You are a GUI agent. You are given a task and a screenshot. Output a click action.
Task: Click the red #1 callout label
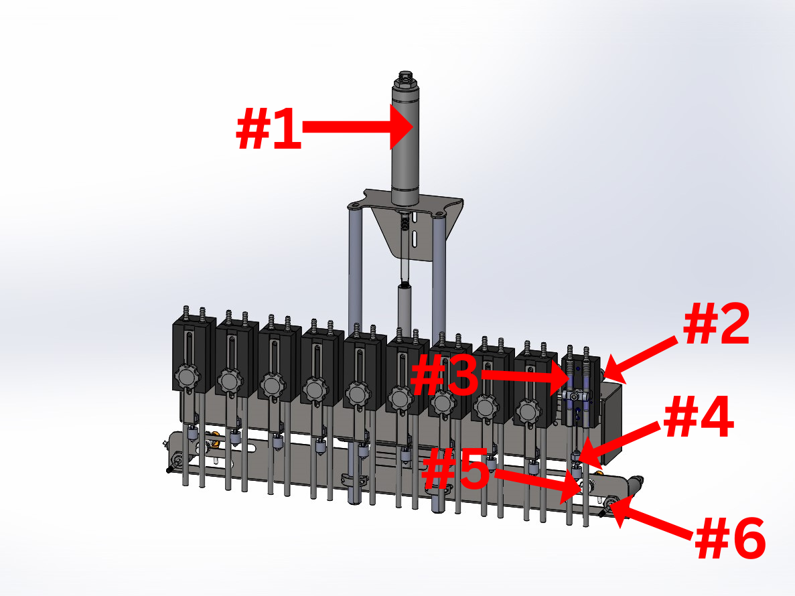[x=269, y=128]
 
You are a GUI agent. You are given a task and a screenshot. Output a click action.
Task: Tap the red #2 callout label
[x=717, y=324]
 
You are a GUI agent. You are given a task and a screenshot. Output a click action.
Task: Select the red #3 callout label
[x=445, y=376]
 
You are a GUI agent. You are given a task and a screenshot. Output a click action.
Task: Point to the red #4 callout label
[x=699, y=417]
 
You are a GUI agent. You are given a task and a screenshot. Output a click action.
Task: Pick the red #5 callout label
[x=456, y=469]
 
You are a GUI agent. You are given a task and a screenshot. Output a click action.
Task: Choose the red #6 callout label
[x=730, y=538]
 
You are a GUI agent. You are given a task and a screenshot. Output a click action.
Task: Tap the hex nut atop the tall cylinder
[x=405, y=78]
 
